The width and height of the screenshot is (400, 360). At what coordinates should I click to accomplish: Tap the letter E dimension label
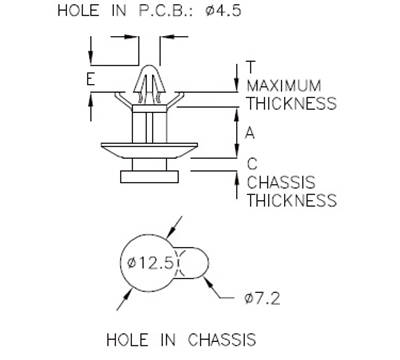[90, 79]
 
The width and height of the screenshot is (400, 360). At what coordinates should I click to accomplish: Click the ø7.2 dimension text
[263, 298]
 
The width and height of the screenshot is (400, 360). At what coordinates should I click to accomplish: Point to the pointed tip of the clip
[147, 72]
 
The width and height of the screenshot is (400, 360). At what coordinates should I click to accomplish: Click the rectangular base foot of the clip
[149, 176]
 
